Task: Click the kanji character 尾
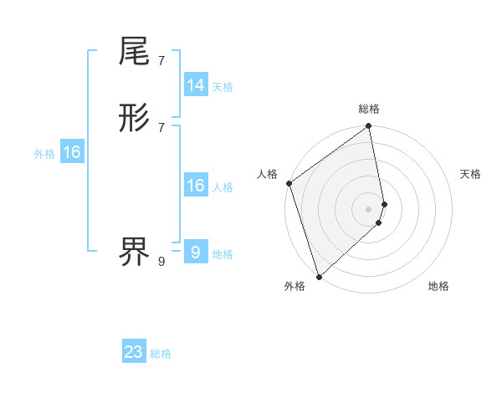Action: click(x=135, y=52)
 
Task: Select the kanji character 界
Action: click(x=135, y=250)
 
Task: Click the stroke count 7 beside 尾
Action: click(x=161, y=60)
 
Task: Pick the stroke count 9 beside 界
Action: click(x=161, y=261)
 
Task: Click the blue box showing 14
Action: click(x=196, y=85)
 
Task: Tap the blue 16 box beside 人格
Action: click(x=196, y=186)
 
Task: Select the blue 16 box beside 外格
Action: click(x=72, y=152)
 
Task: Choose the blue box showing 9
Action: click(x=196, y=252)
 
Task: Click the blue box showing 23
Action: click(x=134, y=352)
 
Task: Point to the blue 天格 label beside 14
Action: click(x=223, y=87)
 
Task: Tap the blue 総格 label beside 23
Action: click(x=161, y=354)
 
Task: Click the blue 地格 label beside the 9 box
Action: click(x=223, y=253)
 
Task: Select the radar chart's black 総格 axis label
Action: click(x=369, y=109)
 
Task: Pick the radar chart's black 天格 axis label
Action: click(x=471, y=174)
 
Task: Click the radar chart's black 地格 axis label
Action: click(x=438, y=286)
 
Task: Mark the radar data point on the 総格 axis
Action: click(x=369, y=127)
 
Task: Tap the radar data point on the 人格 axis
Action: click(x=289, y=183)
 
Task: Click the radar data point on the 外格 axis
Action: click(x=319, y=276)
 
